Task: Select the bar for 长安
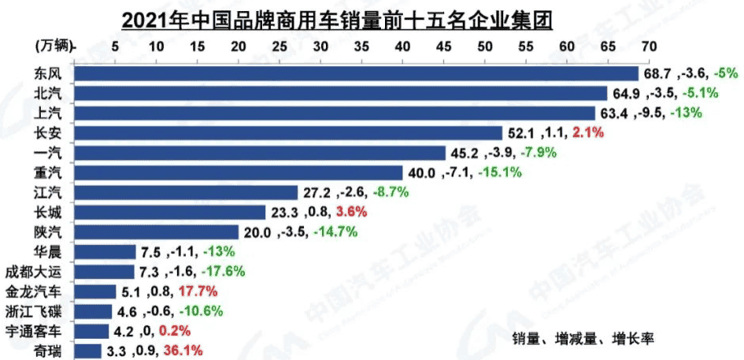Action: tap(288, 132)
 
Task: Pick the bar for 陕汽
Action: tap(157, 232)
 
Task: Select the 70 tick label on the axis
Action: tap(649, 46)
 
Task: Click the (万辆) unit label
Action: tap(54, 47)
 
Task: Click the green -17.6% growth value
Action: tap(224, 271)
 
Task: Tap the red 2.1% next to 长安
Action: tap(588, 133)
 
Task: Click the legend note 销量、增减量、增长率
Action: tap(583, 338)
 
